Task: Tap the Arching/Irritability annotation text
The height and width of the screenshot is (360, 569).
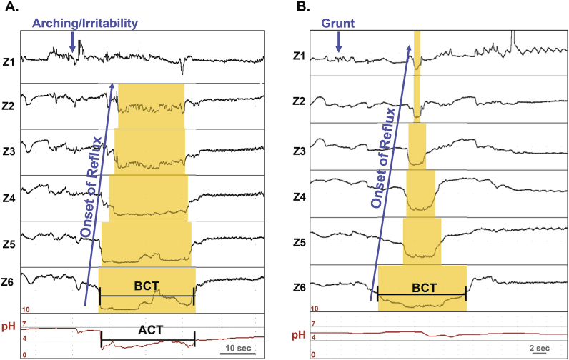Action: point(84,24)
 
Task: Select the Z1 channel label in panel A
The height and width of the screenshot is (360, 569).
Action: point(9,59)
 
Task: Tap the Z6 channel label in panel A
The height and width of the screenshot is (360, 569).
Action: point(9,281)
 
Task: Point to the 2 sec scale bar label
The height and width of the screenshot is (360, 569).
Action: point(540,347)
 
